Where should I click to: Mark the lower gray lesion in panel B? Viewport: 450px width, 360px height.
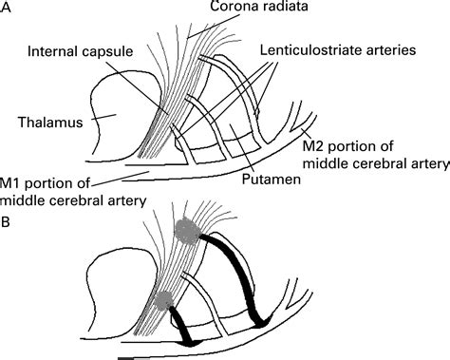pyautogui.click(x=162, y=301)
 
